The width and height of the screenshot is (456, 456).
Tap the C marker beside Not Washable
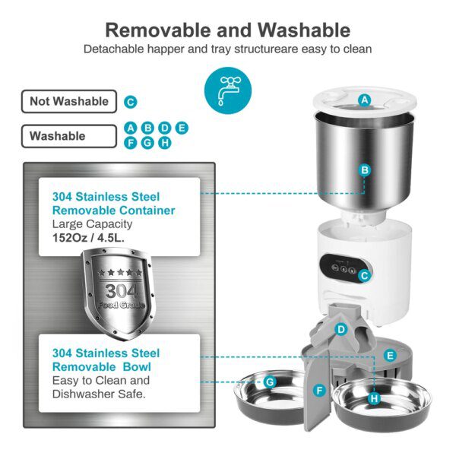(131, 102)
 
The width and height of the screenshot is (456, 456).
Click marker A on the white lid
(365, 100)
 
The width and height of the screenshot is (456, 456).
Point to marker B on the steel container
(365, 170)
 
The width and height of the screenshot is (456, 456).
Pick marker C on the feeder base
(364, 277)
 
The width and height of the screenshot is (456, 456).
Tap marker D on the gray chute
(342, 329)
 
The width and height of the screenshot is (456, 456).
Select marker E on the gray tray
(390, 355)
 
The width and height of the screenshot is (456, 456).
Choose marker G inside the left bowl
(269, 382)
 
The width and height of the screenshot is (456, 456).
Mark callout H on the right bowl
(373, 397)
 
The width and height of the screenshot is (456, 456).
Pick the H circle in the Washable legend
(165, 142)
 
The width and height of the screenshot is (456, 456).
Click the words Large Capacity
(92, 224)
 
